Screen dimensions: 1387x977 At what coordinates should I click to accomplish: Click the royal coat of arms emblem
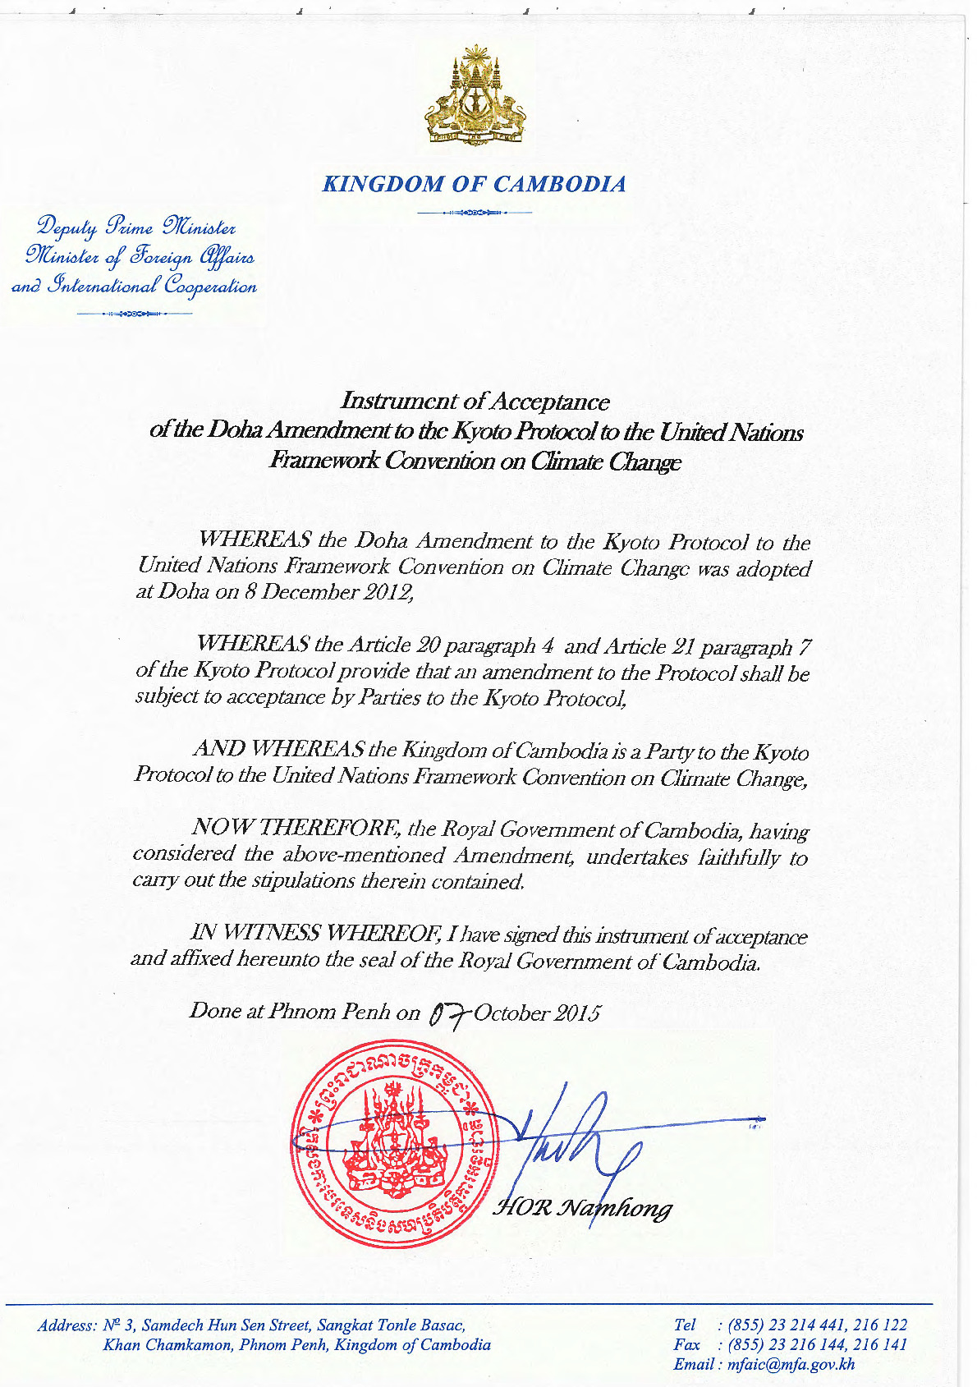pyautogui.click(x=475, y=97)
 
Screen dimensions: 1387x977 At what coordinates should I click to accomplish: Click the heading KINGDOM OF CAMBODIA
pyautogui.click(x=475, y=184)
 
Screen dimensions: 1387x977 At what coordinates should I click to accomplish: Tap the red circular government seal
pyautogui.click(x=392, y=1144)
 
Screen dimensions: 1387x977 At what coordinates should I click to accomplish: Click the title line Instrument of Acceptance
pyautogui.click(x=475, y=402)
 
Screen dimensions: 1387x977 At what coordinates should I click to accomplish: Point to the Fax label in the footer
pyautogui.click(x=686, y=1344)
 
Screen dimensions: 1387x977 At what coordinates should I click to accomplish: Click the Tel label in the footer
pyautogui.click(x=684, y=1325)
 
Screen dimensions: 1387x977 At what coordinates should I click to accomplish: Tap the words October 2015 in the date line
pyautogui.click(x=537, y=1013)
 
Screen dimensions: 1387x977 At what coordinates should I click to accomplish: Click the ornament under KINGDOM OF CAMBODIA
pyautogui.click(x=475, y=213)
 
